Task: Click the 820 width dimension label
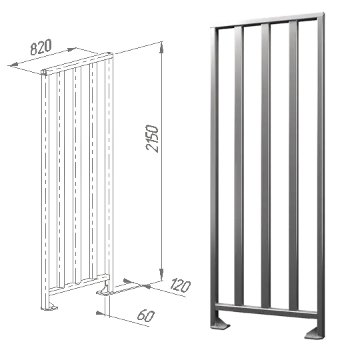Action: point(41,47)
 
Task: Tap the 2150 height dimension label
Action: point(152,139)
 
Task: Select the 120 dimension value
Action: point(181,285)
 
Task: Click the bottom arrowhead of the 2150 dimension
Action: point(161,274)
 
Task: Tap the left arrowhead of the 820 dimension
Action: point(14,65)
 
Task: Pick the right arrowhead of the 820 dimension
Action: point(71,49)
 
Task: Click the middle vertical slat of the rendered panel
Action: point(265,165)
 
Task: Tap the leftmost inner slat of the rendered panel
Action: point(239,166)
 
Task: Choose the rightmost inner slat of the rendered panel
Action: point(293,166)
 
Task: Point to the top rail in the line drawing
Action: point(77,63)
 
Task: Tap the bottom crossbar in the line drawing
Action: point(79,285)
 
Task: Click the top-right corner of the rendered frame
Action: point(324,13)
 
